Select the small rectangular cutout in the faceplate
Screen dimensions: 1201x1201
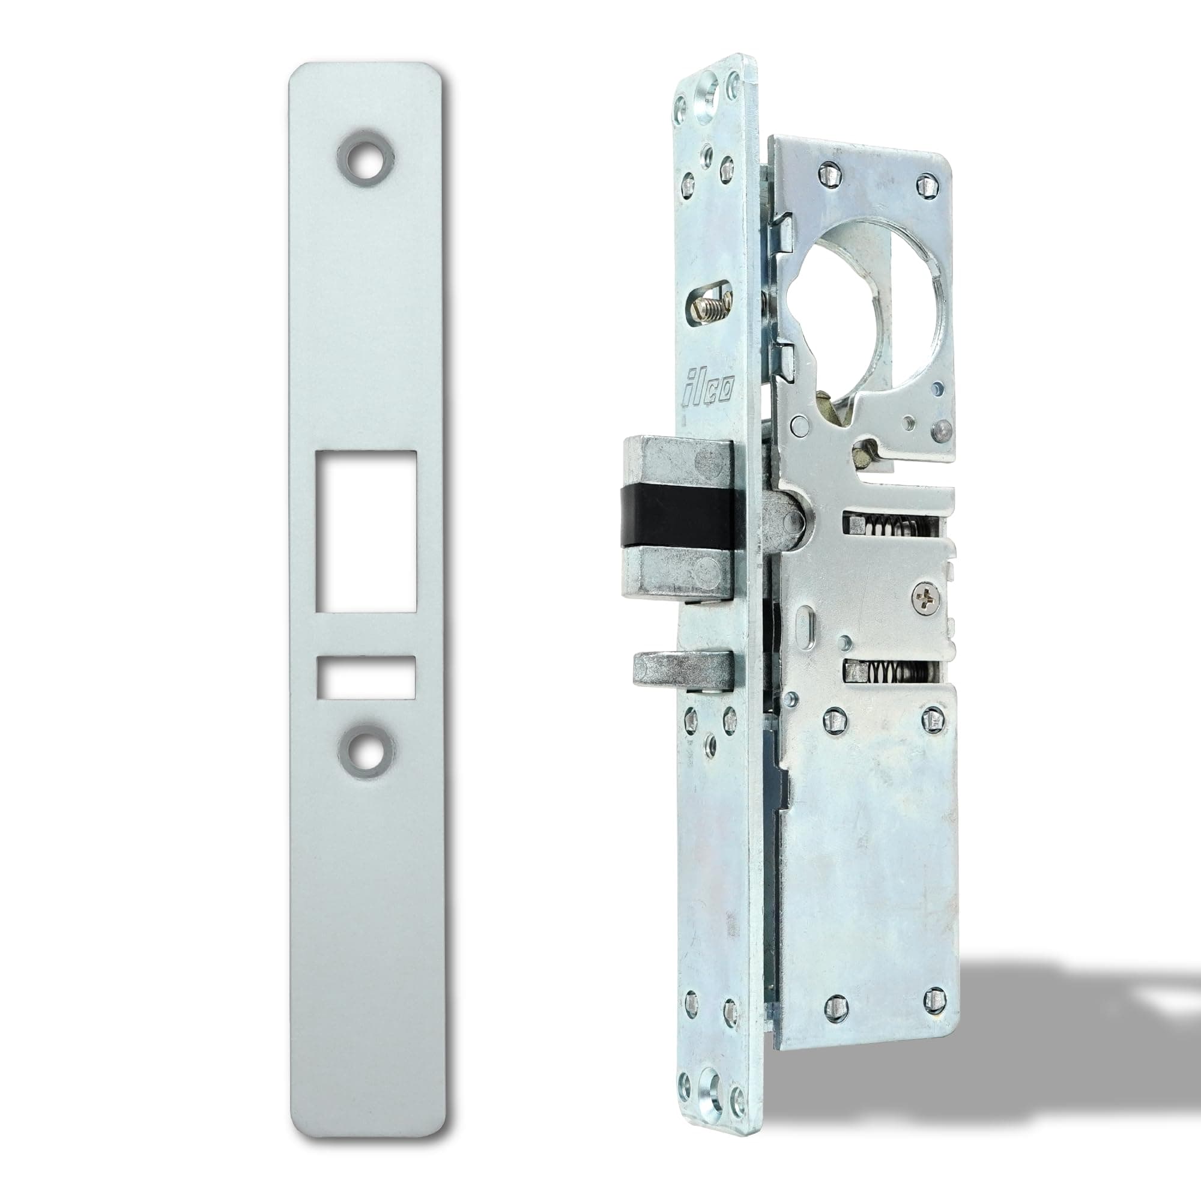(x=366, y=676)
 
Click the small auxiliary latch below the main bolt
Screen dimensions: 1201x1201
(x=677, y=672)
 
